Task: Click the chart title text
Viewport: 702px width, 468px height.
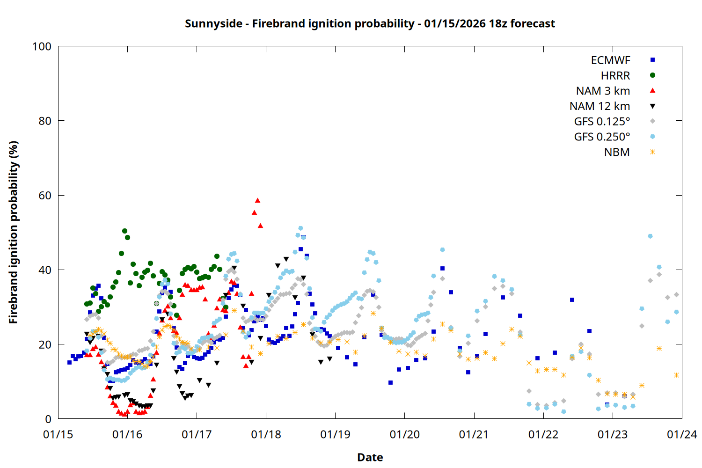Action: pyautogui.click(x=370, y=23)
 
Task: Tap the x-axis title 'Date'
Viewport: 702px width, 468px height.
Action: pyautogui.click(x=370, y=457)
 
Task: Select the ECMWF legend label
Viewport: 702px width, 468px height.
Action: pyautogui.click(x=610, y=60)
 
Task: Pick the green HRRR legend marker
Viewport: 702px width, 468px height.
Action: pyautogui.click(x=652, y=75)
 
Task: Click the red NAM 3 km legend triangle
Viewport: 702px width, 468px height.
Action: pyautogui.click(x=652, y=91)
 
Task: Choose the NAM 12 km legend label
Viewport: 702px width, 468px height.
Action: pyautogui.click(x=600, y=106)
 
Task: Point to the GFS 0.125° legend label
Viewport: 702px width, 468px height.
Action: pyautogui.click(x=602, y=122)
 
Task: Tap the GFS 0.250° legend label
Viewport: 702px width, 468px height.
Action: pyautogui.click(x=602, y=137)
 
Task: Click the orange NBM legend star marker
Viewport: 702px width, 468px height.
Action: pyautogui.click(x=652, y=152)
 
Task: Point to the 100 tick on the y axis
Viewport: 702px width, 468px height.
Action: pyautogui.click(x=42, y=46)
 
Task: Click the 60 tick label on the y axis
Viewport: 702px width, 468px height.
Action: pyautogui.click(x=45, y=196)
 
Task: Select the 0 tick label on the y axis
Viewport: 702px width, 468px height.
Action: pyautogui.click(x=48, y=419)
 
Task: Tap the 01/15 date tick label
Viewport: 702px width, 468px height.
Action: pyautogui.click(x=58, y=435)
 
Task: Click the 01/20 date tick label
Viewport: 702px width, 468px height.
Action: pyautogui.click(x=405, y=435)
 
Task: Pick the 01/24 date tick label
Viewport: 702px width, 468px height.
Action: pyautogui.click(x=682, y=435)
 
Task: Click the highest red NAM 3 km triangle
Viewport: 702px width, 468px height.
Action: pyautogui.click(x=257, y=200)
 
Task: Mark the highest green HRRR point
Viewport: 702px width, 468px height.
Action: pyautogui.click(x=124, y=231)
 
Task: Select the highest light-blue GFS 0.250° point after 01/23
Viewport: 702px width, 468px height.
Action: pyautogui.click(x=650, y=236)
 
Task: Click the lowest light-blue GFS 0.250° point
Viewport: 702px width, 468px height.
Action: pyautogui.click(x=563, y=412)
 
